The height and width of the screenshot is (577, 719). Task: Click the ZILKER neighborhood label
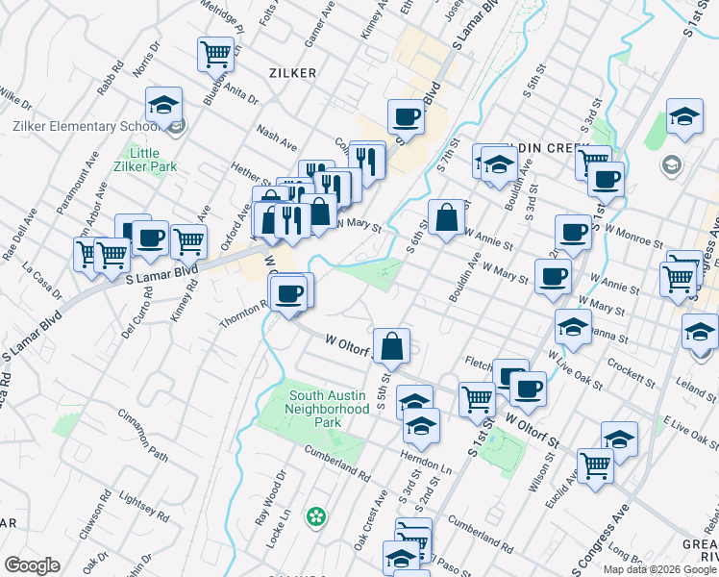(x=293, y=72)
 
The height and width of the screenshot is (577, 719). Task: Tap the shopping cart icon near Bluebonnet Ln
(x=216, y=53)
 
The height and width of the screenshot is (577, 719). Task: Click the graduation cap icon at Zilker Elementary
(x=165, y=104)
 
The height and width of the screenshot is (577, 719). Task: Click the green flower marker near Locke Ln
(x=315, y=517)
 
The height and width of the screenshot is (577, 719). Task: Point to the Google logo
(x=32, y=565)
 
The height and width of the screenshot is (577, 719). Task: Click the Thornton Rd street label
(x=244, y=316)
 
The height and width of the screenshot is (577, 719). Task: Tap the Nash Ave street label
(x=276, y=137)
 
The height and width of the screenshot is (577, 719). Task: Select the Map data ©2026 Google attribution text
(x=659, y=568)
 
